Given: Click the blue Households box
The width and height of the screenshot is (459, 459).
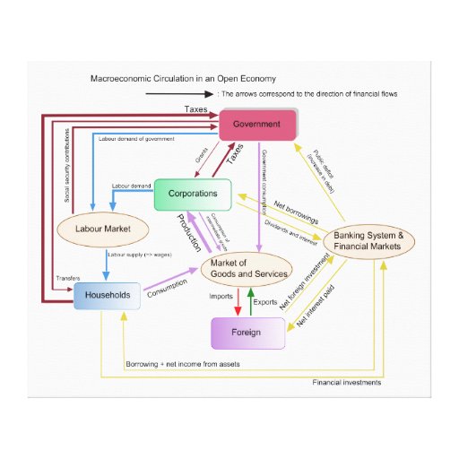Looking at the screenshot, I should [x=107, y=295].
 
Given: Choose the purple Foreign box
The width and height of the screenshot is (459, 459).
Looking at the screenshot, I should [x=247, y=333].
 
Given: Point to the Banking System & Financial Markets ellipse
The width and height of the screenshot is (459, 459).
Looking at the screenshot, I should [x=368, y=241].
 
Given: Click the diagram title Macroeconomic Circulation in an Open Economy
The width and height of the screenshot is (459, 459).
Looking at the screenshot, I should [x=176, y=79].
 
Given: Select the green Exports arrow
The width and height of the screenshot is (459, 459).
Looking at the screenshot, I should [x=252, y=303].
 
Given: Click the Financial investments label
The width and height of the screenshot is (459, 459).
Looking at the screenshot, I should [x=347, y=383].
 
